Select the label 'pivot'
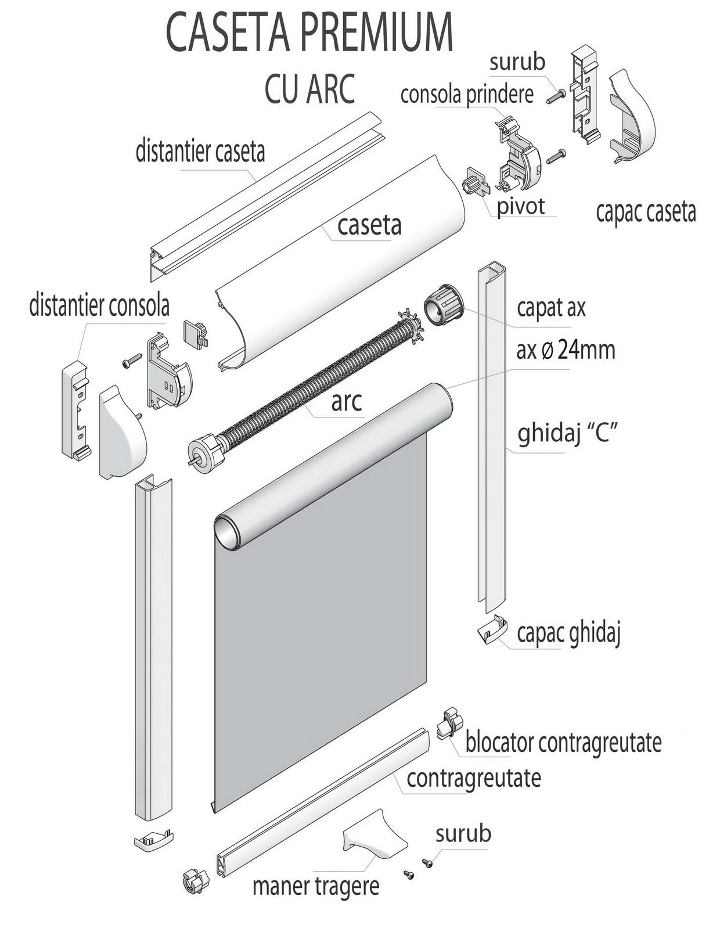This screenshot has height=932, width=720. click(521, 206)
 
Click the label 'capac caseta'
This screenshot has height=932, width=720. click(646, 213)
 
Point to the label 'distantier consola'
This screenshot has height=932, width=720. click(99, 305)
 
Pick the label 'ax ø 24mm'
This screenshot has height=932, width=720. click(566, 350)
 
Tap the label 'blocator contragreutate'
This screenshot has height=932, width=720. click(563, 743)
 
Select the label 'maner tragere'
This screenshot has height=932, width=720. click(316, 887)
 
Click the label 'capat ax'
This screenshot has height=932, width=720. click(551, 308)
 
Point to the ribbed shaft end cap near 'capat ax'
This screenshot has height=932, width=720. click(444, 303)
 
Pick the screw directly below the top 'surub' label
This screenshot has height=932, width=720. click(557, 95)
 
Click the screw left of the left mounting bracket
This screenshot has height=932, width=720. click(132, 359)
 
